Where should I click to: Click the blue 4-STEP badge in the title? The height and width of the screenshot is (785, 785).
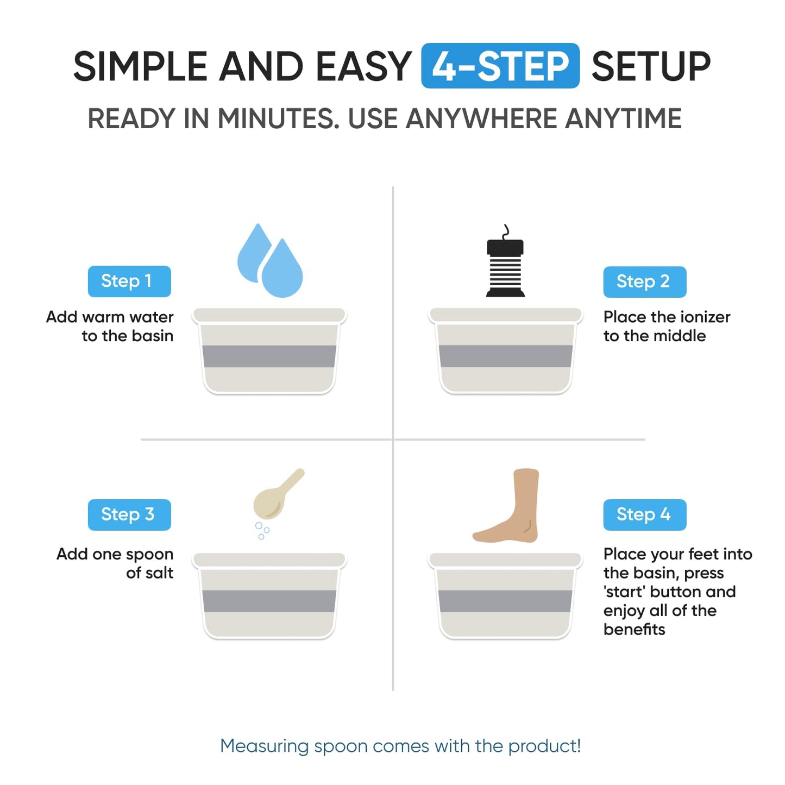(x=500, y=66)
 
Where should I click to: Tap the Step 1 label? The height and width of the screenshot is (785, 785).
(x=129, y=281)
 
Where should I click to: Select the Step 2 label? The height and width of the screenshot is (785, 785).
(x=644, y=282)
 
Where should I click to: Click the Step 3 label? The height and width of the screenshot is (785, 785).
(x=129, y=514)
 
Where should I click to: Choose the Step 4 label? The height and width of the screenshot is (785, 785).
(x=644, y=514)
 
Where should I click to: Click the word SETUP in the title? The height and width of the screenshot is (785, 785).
(x=650, y=67)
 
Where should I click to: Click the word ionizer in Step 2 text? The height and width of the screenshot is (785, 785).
(x=698, y=317)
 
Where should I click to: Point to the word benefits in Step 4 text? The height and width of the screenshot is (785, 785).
(x=634, y=629)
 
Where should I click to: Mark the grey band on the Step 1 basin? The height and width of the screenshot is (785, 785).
(x=269, y=356)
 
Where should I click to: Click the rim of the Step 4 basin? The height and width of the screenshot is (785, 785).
(x=505, y=560)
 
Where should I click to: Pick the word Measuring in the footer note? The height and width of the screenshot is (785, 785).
(x=264, y=746)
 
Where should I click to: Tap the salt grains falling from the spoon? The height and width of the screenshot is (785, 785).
(x=262, y=530)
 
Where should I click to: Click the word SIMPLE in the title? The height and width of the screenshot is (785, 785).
(x=140, y=67)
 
